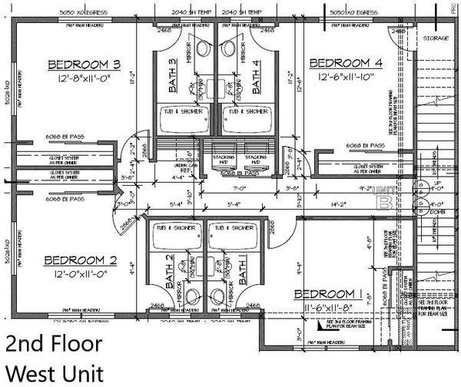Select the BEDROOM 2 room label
click(74, 259)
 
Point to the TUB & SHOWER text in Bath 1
click(228, 228)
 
